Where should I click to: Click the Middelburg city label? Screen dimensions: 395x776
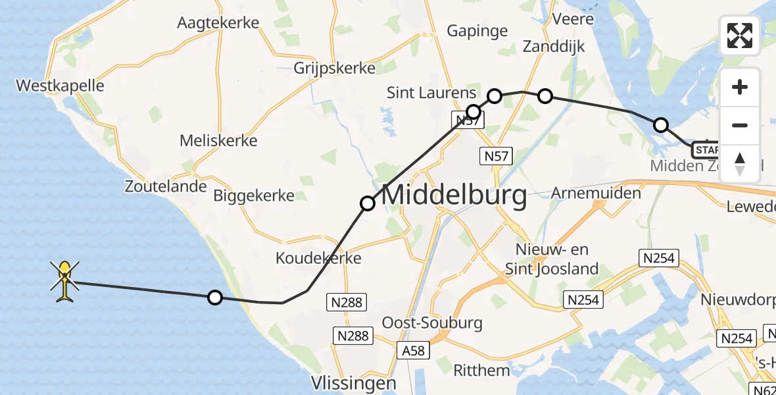click(x=454, y=196)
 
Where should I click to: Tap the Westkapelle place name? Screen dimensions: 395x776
click(x=60, y=86)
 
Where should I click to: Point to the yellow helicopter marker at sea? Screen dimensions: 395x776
click(x=64, y=281)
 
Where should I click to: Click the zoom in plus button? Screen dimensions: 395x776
click(x=740, y=87)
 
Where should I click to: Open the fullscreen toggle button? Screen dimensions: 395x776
click(x=740, y=36)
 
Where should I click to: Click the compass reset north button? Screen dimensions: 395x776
click(x=740, y=163)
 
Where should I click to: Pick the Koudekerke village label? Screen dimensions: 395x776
click(x=319, y=258)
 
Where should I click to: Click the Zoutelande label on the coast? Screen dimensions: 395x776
click(x=166, y=186)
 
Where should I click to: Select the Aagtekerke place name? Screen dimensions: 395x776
click(x=218, y=23)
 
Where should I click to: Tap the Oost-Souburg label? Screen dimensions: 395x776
click(x=432, y=323)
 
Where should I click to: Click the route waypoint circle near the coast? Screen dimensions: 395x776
click(x=214, y=298)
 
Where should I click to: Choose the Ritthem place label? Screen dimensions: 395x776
click(x=481, y=371)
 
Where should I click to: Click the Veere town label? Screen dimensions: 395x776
click(x=573, y=19)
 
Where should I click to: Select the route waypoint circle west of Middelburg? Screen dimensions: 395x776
click(x=368, y=203)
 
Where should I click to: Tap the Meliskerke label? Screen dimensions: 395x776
click(x=218, y=140)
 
